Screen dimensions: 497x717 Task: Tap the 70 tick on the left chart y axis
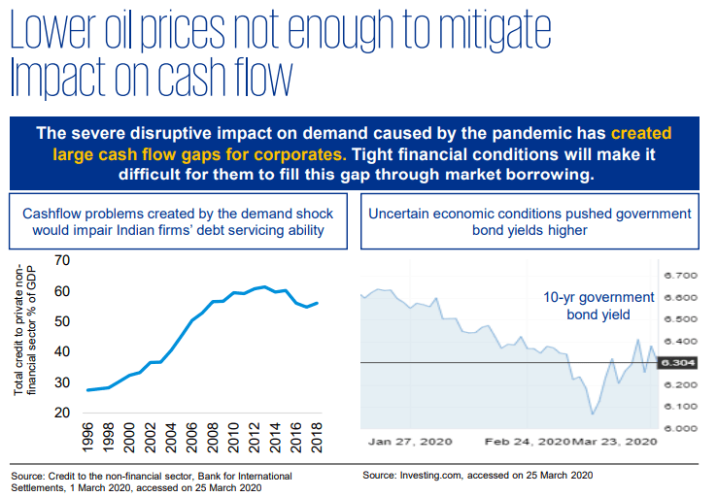click(x=62, y=261)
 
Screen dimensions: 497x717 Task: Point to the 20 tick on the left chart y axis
click(x=62, y=413)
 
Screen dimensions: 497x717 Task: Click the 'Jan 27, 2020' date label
click(x=407, y=442)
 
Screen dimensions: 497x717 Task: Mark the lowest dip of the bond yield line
click(x=593, y=414)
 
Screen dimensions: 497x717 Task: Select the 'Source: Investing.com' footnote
click(x=477, y=476)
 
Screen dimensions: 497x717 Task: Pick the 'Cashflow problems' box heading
click(x=178, y=221)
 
